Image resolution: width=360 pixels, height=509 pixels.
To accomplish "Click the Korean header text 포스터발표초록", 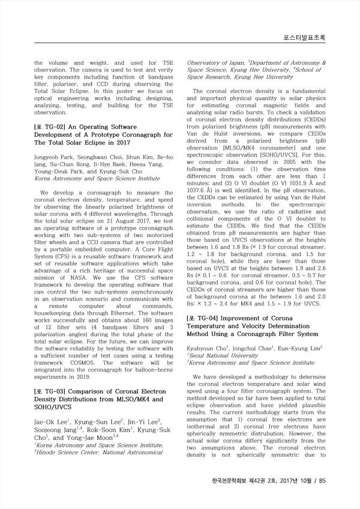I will tap(305, 38).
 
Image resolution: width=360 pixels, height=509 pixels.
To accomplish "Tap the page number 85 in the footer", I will tap(322, 480).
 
